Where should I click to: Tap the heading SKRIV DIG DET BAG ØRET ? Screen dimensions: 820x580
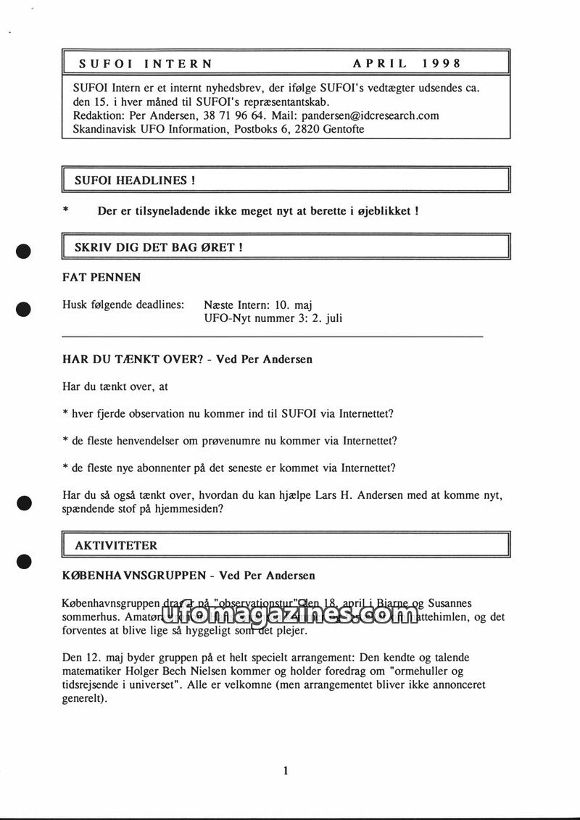click(x=158, y=247)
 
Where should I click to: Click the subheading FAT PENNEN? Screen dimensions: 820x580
click(x=101, y=277)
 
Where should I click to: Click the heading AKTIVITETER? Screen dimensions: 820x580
click(x=116, y=544)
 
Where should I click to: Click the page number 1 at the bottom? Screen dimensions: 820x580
click(x=286, y=771)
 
